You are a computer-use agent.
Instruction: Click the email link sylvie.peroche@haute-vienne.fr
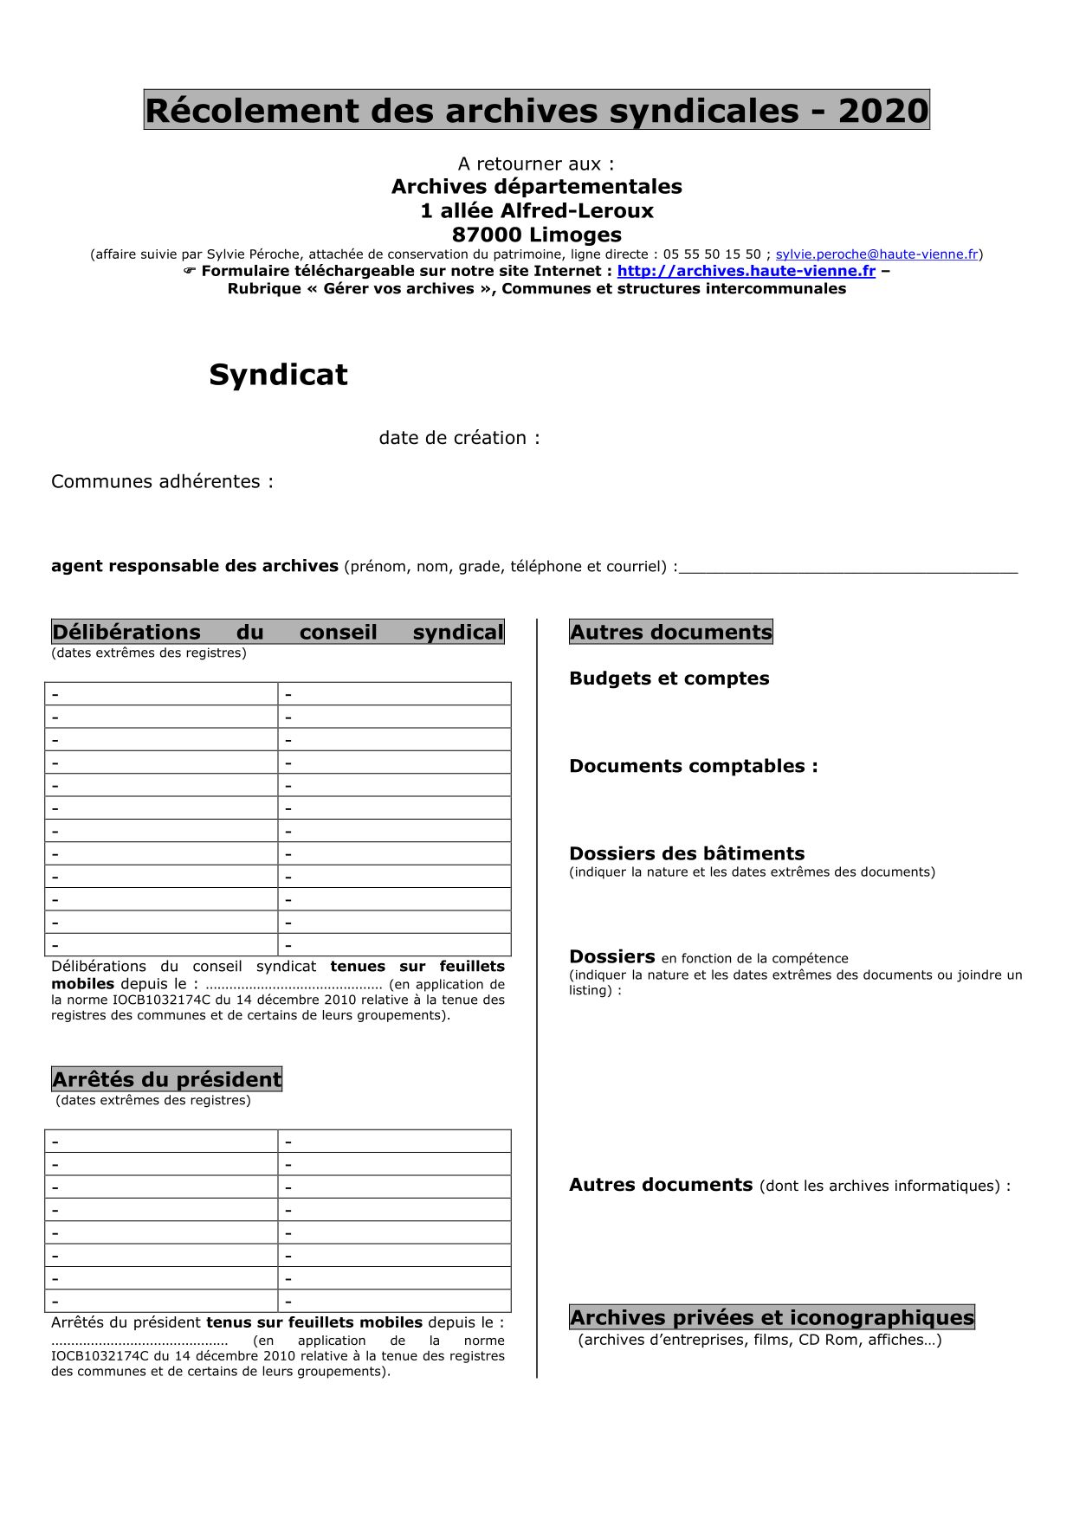[876, 254]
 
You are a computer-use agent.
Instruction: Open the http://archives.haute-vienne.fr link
[746, 271]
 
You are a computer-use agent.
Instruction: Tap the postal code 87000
[487, 235]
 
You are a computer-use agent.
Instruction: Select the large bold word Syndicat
[278, 375]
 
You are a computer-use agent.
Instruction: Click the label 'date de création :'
[459, 438]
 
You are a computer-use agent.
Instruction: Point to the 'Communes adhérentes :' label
[162, 482]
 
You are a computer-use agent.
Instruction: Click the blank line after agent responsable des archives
[849, 570]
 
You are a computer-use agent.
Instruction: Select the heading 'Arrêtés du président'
[167, 1079]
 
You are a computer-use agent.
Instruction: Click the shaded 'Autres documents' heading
[670, 632]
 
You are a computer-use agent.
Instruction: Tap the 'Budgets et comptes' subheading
[669, 679]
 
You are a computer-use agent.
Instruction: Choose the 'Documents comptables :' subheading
[693, 766]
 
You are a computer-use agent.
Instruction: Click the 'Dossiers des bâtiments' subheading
[687, 853]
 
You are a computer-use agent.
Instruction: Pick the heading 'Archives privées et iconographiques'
[772, 1317]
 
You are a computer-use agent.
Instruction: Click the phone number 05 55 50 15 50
[712, 254]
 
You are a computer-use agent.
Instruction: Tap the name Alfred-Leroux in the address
[577, 210]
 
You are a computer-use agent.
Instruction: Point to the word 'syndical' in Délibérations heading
[458, 632]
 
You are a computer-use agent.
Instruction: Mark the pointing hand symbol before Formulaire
[190, 271]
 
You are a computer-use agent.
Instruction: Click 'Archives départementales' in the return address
[536, 187]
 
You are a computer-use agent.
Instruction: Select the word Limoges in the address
[575, 235]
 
